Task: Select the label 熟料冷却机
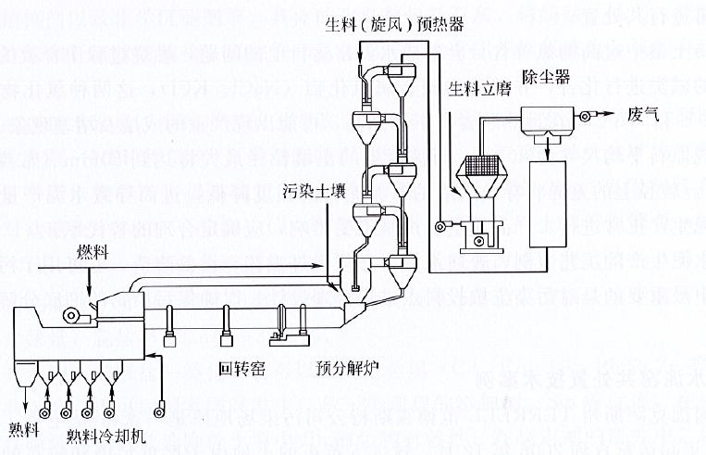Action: [x=104, y=434]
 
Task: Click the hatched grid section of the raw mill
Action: [x=483, y=167]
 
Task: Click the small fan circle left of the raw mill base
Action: [x=446, y=223]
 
